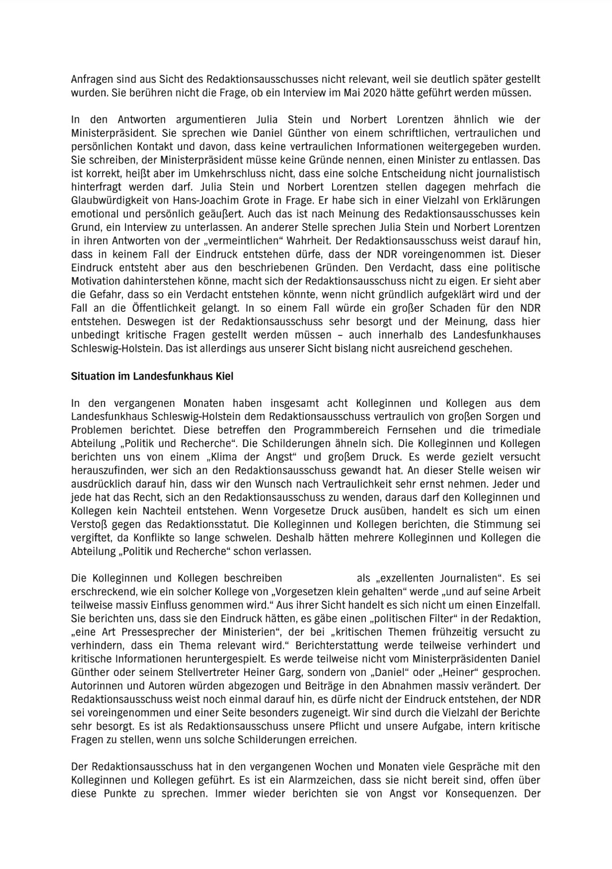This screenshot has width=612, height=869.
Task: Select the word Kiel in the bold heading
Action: [x=225, y=376]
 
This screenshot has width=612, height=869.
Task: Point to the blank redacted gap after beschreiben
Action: [x=319, y=578]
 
